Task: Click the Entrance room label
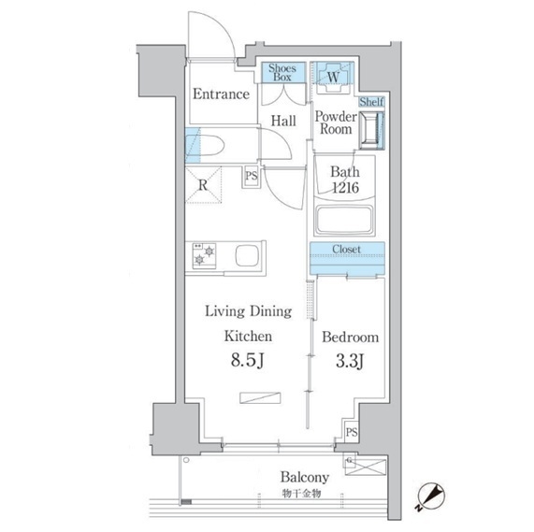[221, 94]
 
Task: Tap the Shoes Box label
[282, 73]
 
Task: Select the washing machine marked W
[333, 78]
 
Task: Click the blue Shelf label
[371, 102]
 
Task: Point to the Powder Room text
[336, 122]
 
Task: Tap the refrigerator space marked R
[203, 185]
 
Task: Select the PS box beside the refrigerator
[252, 176]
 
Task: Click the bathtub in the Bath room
[344, 220]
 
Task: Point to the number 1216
[345, 188]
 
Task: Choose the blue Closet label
[346, 249]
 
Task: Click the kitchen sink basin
[247, 255]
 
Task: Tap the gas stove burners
[204, 256]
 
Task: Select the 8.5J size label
[248, 360]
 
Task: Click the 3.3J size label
[350, 361]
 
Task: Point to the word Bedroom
[351, 338]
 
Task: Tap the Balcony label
[305, 477]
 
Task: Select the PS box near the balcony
[352, 432]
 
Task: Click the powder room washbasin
[371, 130]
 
